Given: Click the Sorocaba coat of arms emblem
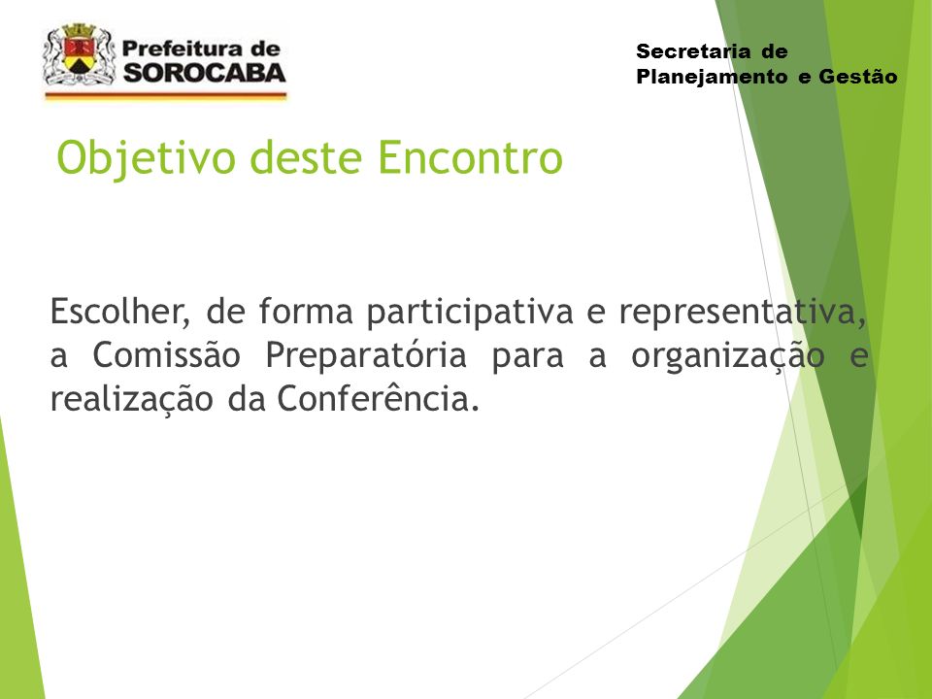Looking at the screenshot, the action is (79, 54).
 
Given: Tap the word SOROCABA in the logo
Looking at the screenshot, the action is (205, 73).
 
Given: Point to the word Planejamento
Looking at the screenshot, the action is (712, 78).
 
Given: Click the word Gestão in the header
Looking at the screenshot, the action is (857, 76).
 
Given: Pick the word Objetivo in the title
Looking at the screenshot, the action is (147, 158).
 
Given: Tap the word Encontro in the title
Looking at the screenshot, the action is (470, 157).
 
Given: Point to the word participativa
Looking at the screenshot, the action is (470, 313).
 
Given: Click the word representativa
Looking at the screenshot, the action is (743, 312).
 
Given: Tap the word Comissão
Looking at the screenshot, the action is (166, 355).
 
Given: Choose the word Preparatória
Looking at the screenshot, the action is (366, 356).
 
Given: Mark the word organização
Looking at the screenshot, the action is (727, 356).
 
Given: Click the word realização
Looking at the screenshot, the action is (131, 399).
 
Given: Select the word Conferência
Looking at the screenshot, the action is (378, 398).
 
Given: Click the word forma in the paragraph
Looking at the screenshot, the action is (306, 312).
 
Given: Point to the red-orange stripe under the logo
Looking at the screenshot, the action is (166, 94).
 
